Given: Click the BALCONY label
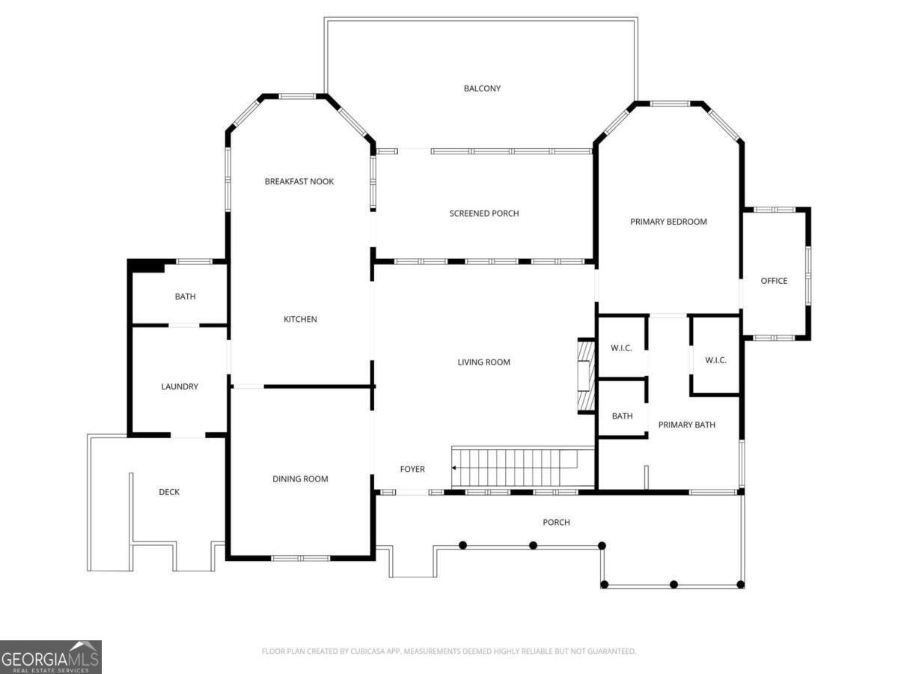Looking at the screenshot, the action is pos(482,88).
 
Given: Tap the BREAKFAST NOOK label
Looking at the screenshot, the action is pos(299,181).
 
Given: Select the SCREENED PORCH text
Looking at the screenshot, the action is pos(484,213).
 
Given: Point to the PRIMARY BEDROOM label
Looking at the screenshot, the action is pos(668,222).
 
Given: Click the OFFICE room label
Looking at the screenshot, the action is pos(774,281).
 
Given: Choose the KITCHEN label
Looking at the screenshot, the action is pos(300,319).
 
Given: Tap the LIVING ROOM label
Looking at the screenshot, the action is pos(483,362).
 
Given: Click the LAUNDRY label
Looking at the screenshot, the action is pos(180,386).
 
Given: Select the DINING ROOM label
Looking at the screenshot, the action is pos(300,479).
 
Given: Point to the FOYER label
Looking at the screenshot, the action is pos(412,469).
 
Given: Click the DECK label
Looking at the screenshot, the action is pos(169,492).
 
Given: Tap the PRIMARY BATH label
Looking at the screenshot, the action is pos(686,425).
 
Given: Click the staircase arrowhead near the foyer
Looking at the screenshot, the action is pos(453,468).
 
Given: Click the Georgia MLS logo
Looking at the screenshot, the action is pos(50,657).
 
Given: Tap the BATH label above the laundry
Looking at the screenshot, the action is pos(186,297).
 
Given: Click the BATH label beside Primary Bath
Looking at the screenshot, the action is pos(623,416).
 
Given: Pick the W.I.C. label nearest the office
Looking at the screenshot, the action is pos(715,360).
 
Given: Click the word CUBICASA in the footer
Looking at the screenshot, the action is pos(366,651).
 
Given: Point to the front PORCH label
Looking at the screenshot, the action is pos(556,522).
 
